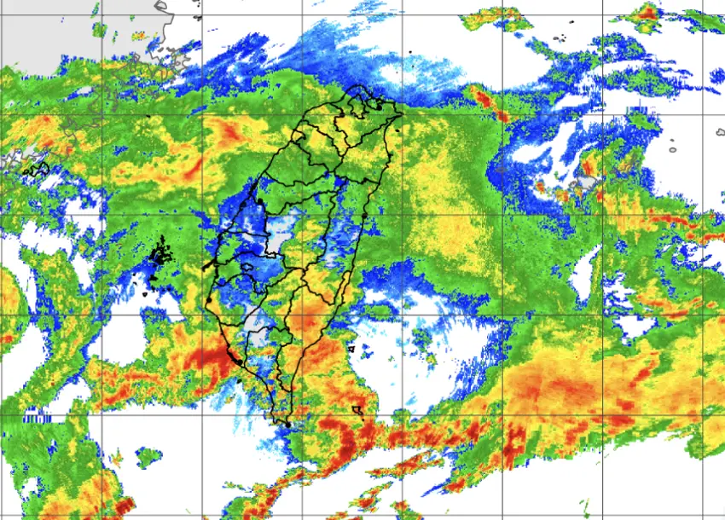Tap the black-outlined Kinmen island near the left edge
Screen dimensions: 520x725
pos(37,169)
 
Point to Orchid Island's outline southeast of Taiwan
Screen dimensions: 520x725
pos(357,411)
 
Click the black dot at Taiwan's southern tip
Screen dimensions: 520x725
pos(288,424)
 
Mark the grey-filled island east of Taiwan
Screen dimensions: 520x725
pos(587,182)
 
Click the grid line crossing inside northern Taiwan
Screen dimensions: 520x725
pos(304,113)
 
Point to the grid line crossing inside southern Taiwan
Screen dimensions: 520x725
pos(304,315)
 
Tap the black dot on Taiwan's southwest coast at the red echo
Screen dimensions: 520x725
pos(229,350)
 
